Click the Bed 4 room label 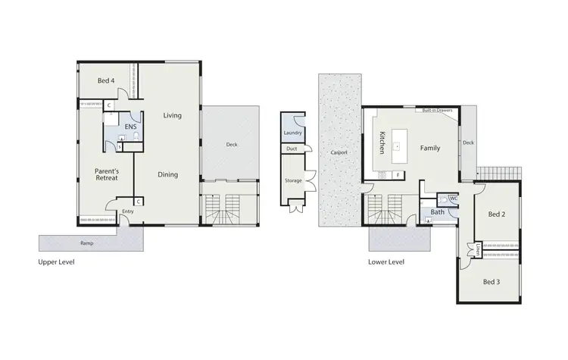[x=106, y=80]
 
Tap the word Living [x=172, y=115]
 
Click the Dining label [x=167, y=174]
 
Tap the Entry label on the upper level [x=127, y=211]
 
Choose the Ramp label [x=87, y=243]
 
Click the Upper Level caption [x=56, y=262]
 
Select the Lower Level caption [x=385, y=262]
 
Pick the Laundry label [x=292, y=133]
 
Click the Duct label [x=291, y=149]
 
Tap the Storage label [x=293, y=181]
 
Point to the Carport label [x=339, y=152]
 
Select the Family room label [x=430, y=148]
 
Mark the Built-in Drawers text [x=438, y=110]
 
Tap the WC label [x=453, y=198]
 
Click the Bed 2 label [x=496, y=214]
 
